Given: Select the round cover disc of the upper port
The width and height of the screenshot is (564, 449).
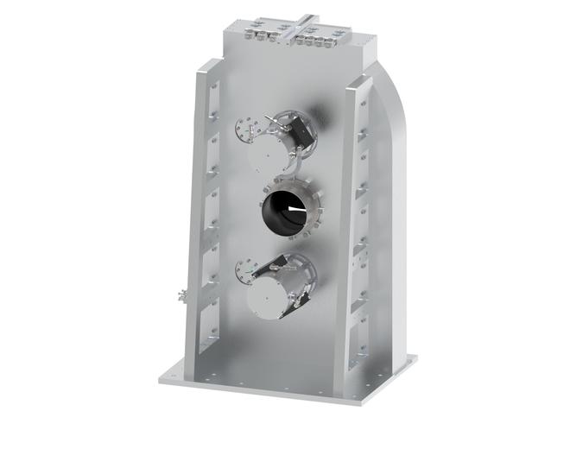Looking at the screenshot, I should pyautogui.click(x=269, y=156).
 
